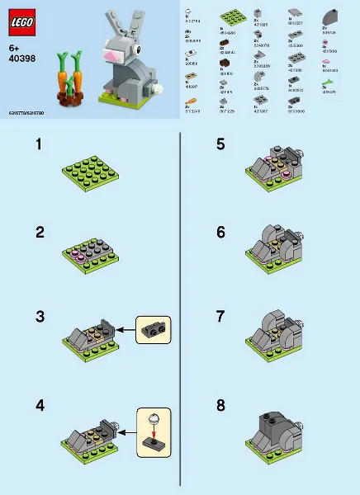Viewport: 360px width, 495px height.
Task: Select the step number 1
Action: coord(38,145)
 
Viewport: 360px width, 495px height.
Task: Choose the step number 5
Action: coord(220,145)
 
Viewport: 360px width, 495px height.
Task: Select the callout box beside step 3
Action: coord(152,329)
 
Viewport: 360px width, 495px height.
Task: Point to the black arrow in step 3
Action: coord(124,330)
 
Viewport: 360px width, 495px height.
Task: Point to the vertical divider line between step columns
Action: coord(180,313)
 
